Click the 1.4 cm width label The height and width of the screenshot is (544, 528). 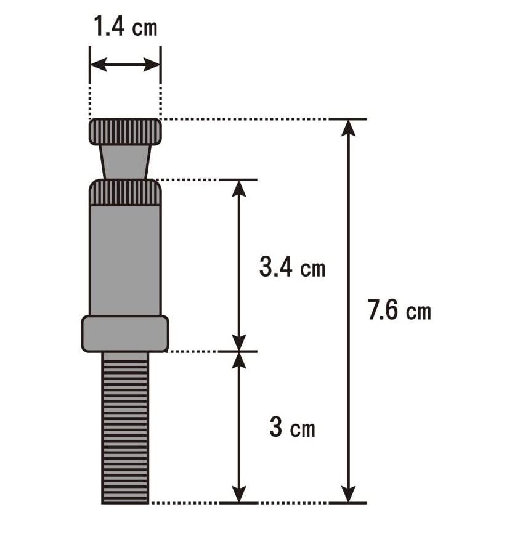[x=126, y=27]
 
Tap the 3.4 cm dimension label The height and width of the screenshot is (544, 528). [x=293, y=267]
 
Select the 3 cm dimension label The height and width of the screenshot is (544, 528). [x=293, y=427]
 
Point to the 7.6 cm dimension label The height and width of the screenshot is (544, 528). [x=399, y=310]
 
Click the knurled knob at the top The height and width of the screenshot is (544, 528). [x=125, y=131]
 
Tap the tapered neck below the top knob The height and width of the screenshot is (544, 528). [x=125, y=162]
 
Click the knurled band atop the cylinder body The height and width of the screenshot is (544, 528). [x=125, y=192]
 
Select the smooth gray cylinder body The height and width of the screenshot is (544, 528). [x=125, y=260]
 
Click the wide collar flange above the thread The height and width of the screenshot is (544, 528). [x=125, y=334]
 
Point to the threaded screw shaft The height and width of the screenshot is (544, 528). [x=125, y=431]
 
